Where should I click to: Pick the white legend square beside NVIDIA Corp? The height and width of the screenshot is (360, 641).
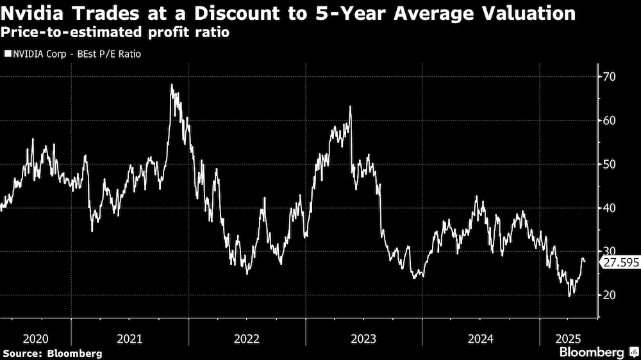(7, 54)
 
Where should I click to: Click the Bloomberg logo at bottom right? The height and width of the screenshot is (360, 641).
(595, 352)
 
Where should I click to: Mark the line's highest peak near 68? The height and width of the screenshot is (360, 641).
(172, 85)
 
